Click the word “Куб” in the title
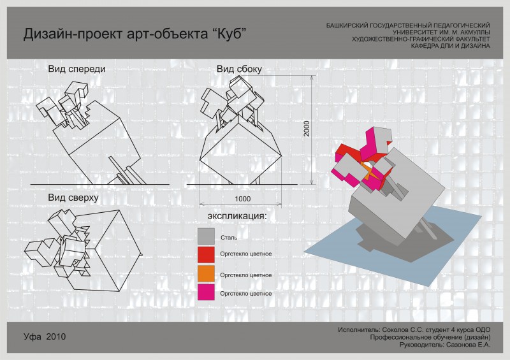(x=229, y=34)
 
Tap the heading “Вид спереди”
(x=76, y=69)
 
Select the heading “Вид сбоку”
(x=240, y=69)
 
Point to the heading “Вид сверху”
(x=73, y=198)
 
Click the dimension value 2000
(x=307, y=129)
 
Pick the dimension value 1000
(x=243, y=199)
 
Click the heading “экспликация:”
(x=237, y=216)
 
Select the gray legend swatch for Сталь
(x=206, y=236)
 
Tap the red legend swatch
(x=206, y=255)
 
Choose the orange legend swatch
(x=206, y=273)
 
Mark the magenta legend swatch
(x=206, y=292)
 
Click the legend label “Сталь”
(x=229, y=238)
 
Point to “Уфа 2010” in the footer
(x=45, y=336)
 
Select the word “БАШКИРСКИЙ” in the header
(x=347, y=25)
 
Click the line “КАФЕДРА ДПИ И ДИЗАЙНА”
(x=451, y=46)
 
